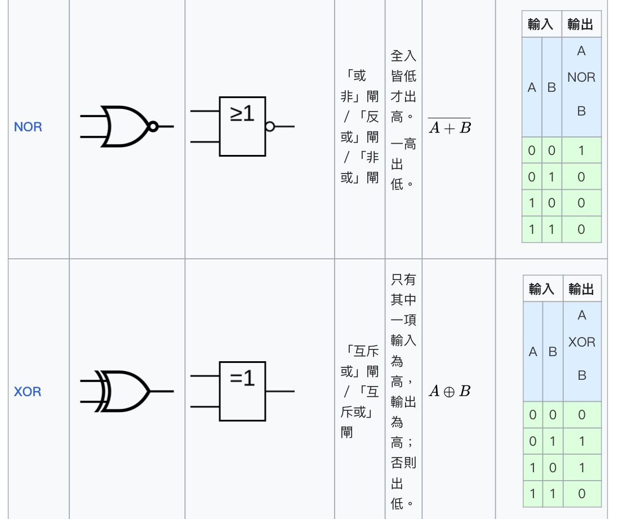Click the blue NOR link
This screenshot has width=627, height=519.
[28, 127]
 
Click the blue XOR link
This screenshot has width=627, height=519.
[28, 391]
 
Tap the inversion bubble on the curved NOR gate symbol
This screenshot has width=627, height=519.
[152, 126]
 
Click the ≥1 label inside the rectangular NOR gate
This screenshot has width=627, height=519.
[242, 114]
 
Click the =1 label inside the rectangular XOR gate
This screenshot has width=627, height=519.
[242, 378]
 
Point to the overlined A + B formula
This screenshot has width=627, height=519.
[449, 127]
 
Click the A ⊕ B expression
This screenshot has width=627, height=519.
[449, 391]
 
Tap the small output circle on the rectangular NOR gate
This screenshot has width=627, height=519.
[269, 127]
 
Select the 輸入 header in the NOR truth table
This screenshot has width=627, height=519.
[541, 25]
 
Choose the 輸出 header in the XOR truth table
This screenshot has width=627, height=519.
[581, 289]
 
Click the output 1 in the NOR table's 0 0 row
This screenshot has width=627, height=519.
[581, 150]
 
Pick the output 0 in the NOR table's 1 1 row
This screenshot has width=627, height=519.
[581, 229]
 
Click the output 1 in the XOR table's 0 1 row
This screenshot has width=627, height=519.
[581, 441]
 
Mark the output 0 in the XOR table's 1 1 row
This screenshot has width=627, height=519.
[581, 494]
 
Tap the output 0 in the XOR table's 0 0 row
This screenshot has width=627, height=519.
[581, 415]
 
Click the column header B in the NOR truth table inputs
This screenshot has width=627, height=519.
[552, 88]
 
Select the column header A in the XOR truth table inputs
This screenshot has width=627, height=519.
[533, 352]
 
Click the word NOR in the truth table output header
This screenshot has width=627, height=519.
[581, 77]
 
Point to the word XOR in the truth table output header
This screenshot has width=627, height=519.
[581, 342]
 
